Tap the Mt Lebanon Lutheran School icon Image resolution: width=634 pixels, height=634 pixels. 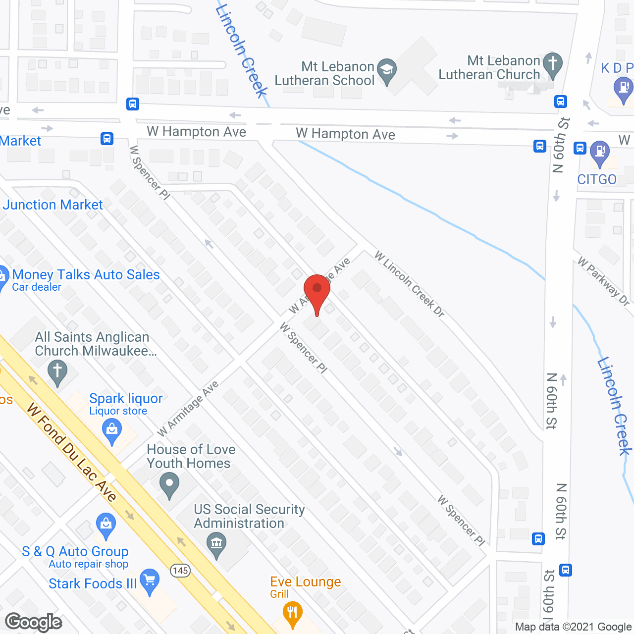coord(387,70)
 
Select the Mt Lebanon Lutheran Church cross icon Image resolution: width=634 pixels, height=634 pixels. coord(553,64)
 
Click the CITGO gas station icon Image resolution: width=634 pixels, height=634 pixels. coord(600,152)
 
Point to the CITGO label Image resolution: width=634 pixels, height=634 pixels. coord(597,179)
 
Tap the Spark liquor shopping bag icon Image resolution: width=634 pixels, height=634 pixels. coord(112,430)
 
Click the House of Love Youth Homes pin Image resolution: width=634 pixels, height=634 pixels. coord(169,484)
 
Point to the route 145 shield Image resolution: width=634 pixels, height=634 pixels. coord(180,571)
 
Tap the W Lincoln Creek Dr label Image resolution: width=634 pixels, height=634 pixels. coord(410,284)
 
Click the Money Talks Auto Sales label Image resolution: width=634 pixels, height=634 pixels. coord(86,274)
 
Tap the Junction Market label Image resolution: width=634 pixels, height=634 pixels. coord(53,205)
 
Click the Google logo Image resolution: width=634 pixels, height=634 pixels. coord(34,622)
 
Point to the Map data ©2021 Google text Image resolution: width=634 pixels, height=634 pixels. coord(573,627)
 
